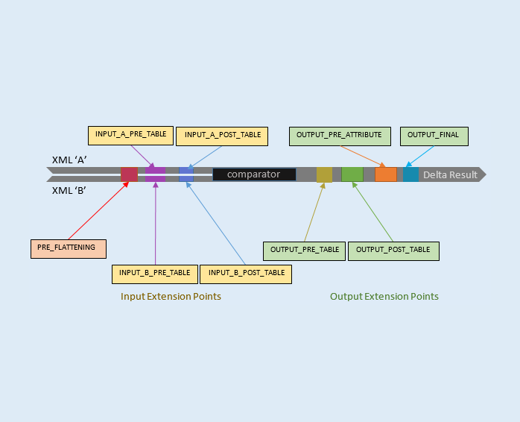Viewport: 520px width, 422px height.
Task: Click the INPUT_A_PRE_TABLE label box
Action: (130, 135)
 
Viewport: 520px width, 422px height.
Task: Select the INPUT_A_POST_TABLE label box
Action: (222, 136)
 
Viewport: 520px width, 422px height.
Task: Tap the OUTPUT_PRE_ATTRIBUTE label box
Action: (339, 136)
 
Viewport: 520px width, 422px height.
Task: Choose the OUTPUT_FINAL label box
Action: (433, 136)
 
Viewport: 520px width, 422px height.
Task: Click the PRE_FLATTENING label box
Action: (68, 248)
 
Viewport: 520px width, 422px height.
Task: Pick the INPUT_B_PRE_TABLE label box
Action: (155, 274)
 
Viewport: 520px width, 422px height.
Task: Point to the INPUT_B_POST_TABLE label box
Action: (246, 274)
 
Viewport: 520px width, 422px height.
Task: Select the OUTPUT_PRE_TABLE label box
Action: (304, 251)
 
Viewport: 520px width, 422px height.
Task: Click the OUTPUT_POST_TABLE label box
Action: (393, 251)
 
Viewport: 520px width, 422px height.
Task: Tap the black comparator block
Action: (253, 174)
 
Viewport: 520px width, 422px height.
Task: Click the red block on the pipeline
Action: (129, 174)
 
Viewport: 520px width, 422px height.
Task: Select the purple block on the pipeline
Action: (155, 174)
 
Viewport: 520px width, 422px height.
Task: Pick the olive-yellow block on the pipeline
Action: (324, 174)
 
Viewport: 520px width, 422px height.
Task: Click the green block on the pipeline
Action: (352, 174)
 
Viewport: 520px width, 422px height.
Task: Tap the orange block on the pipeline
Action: (386, 174)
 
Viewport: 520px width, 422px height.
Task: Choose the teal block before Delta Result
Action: (410, 174)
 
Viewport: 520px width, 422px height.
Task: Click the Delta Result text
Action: (450, 175)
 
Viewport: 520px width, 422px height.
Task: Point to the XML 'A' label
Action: (70, 160)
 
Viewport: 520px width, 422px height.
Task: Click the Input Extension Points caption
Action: (171, 297)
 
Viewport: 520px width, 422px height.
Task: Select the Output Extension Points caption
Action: (384, 297)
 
